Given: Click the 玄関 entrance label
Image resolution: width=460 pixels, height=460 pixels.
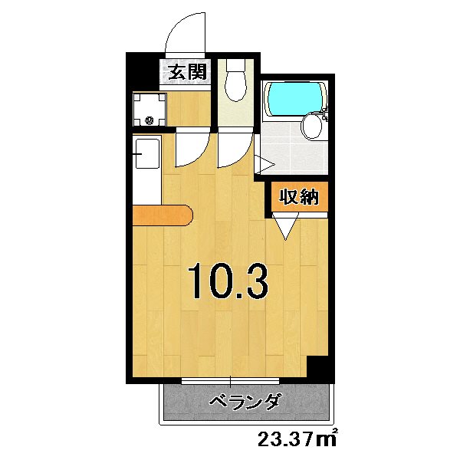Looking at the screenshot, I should click(x=186, y=73).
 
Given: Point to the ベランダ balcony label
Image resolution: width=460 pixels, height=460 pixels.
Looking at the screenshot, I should click(x=246, y=401).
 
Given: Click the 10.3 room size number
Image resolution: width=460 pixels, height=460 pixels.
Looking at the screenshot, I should click(x=228, y=281).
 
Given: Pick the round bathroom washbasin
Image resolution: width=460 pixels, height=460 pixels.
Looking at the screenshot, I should click(x=312, y=125).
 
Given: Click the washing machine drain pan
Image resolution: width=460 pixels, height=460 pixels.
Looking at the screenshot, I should click(x=149, y=110).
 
